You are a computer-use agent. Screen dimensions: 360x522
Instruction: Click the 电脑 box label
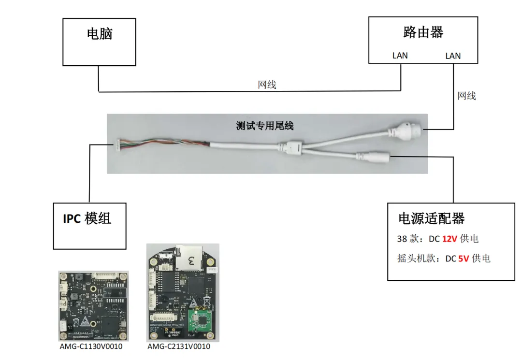(100, 33)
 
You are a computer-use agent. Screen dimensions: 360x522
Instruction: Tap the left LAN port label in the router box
(400, 56)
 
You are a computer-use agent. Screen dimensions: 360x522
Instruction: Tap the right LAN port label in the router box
(453, 56)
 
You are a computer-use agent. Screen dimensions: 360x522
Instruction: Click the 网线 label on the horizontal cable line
(267, 85)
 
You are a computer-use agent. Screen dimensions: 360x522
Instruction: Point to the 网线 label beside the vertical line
(466, 96)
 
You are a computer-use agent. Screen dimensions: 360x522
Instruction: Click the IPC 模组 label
(87, 218)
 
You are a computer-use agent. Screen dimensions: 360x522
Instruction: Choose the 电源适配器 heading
(431, 218)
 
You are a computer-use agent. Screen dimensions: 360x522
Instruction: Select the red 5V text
(464, 259)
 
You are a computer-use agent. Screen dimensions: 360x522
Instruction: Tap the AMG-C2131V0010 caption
(179, 346)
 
